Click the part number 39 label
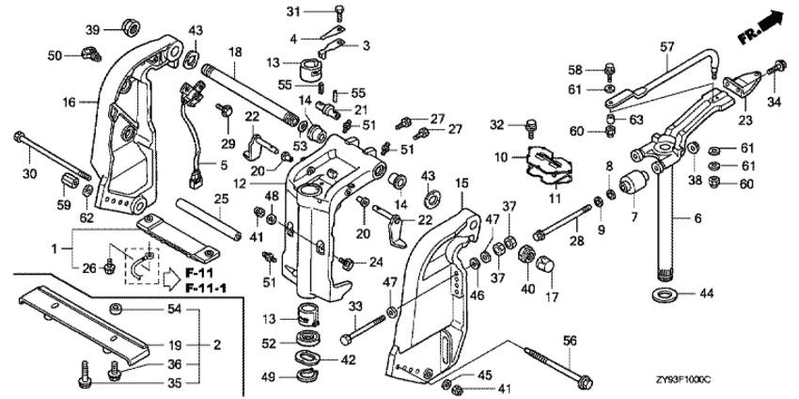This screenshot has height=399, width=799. click(x=93, y=30)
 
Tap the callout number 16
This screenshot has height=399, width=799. click(x=69, y=101)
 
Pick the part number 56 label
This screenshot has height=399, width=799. click(x=570, y=341)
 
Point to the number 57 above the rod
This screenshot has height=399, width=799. click(x=667, y=45)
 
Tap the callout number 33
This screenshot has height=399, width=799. click(x=356, y=306)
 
